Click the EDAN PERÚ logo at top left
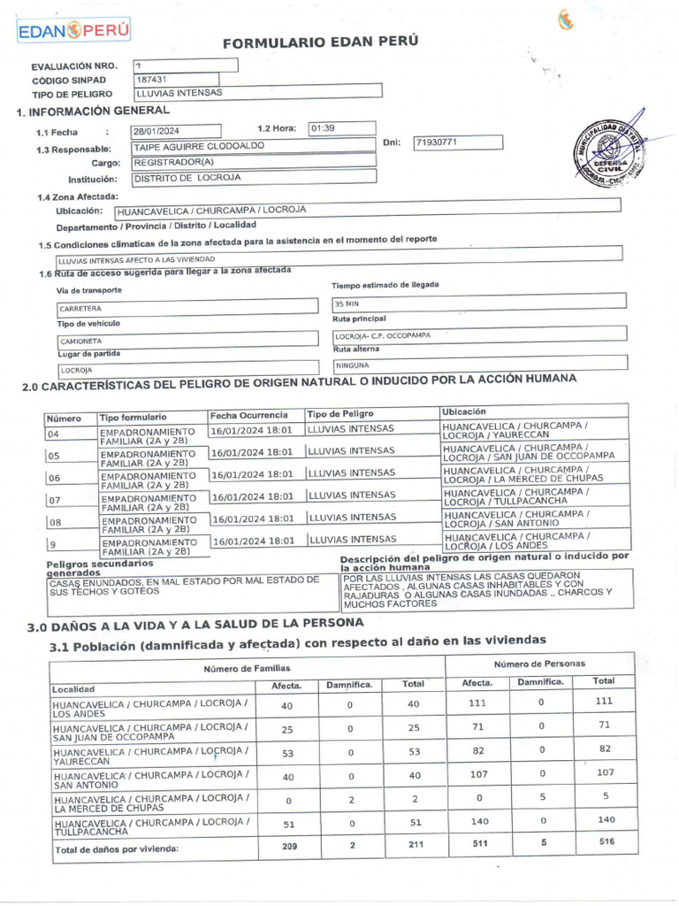73,30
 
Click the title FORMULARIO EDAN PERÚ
308,42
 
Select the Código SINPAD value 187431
151,79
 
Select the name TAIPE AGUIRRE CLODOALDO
198,146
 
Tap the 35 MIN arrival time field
346,303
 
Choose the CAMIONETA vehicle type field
81,341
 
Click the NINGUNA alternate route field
353,365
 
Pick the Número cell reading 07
54,500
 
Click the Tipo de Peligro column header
340,414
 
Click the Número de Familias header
247,668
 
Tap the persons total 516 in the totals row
606,842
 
